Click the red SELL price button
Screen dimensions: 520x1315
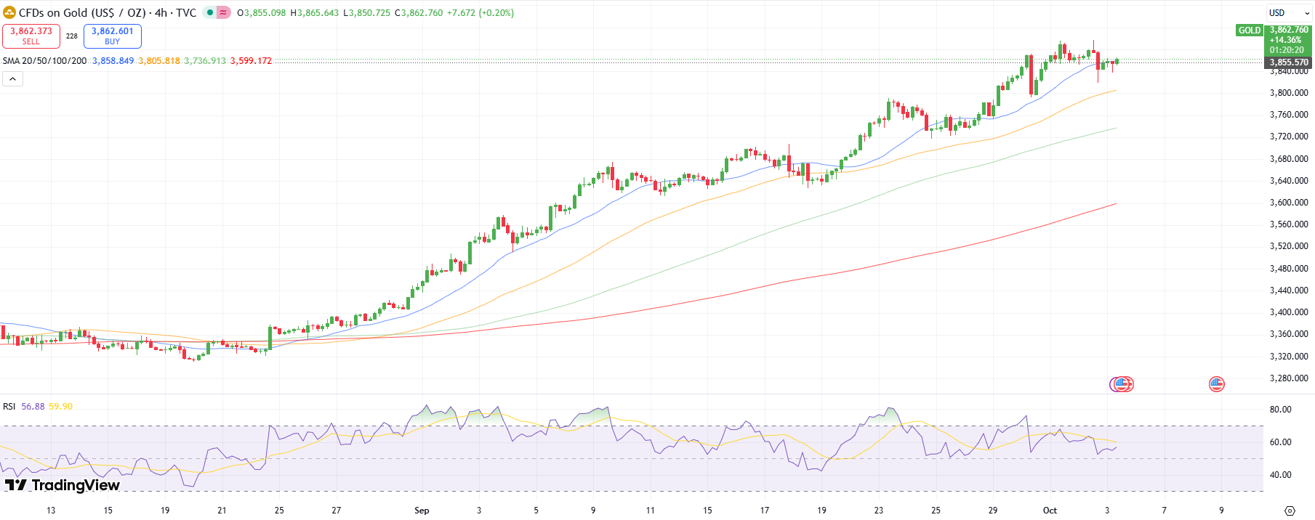pos(31,36)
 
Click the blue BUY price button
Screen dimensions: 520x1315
pos(113,36)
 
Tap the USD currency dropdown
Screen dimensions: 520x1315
pos(1288,13)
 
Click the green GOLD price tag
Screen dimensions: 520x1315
pos(1250,31)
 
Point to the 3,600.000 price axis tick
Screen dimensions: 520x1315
pos(1288,203)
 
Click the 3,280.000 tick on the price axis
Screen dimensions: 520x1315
pos(1288,378)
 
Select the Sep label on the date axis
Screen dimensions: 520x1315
pos(422,511)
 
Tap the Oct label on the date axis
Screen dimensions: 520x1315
pos(1050,511)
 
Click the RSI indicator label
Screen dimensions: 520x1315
pos(9,407)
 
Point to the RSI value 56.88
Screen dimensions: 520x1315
pos(33,407)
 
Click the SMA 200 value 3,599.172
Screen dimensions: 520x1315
pos(251,61)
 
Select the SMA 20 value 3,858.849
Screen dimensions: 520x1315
pos(113,61)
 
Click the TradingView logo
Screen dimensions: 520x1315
pos(63,485)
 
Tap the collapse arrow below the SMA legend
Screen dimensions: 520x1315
pos(12,78)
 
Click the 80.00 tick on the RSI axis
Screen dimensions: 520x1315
pos(1280,410)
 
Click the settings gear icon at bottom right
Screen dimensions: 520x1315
pos(1290,511)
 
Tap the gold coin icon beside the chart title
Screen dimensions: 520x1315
pos(9,13)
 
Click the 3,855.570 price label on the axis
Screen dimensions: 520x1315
pos(1289,62)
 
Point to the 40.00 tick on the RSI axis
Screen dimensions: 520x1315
pos(1280,475)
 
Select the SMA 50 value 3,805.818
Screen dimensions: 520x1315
pos(159,61)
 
